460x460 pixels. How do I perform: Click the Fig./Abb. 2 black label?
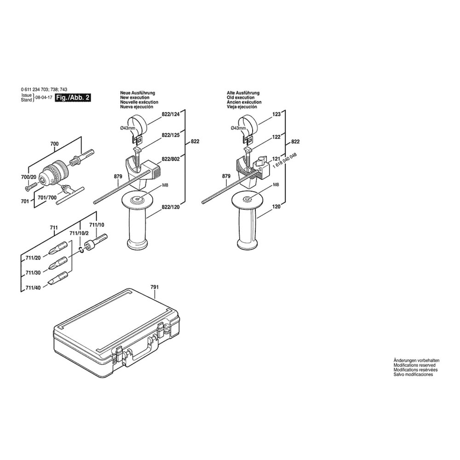point(73,98)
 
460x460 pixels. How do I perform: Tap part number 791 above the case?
point(155,287)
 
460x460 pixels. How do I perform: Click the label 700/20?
point(29,177)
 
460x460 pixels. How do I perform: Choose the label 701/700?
point(47,197)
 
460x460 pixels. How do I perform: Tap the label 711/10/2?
point(79,233)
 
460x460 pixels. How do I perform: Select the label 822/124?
point(171,114)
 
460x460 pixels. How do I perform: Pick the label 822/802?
point(171,159)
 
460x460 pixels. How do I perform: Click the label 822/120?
point(171,207)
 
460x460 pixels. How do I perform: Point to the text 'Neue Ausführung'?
point(138,93)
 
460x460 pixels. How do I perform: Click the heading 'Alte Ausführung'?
point(243,93)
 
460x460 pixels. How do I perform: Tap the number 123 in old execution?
point(276,114)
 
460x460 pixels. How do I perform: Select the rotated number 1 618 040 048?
point(285,160)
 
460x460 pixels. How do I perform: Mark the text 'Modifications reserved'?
point(414,365)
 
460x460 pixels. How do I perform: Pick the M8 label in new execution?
point(165,185)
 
